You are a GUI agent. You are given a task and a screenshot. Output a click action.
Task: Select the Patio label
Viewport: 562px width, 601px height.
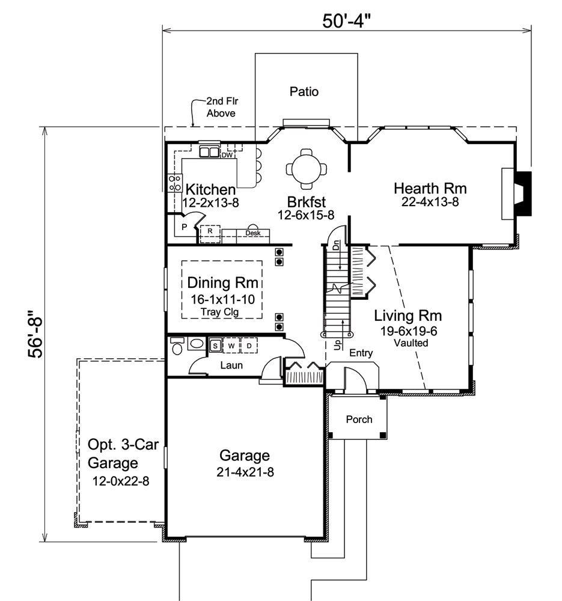tap(304, 92)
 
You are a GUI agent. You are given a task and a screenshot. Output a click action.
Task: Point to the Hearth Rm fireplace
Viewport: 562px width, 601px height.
tap(517, 194)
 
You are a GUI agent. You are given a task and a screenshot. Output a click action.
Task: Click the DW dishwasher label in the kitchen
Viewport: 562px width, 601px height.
tap(227, 154)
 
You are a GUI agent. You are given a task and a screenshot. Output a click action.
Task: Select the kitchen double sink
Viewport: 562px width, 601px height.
tap(209, 151)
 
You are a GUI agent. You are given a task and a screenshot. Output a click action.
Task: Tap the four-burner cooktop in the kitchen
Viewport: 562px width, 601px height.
tap(175, 183)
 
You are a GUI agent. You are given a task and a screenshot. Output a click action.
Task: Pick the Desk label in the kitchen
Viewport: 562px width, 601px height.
tap(252, 232)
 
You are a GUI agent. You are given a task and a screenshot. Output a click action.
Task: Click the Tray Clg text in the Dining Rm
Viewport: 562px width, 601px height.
tap(222, 311)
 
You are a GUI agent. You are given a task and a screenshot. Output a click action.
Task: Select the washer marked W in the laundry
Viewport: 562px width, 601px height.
tap(231, 346)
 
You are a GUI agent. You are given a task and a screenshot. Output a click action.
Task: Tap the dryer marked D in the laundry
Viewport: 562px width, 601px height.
tap(249, 346)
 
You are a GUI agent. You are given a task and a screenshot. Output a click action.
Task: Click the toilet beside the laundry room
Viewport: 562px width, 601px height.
tap(176, 348)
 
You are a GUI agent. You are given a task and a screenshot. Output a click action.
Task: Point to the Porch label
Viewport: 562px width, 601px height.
tap(358, 419)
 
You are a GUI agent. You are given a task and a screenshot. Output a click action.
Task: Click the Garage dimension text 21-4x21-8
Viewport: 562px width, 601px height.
tap(244, 472)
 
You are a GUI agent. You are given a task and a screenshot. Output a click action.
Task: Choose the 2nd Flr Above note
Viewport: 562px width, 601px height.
tap(221, 107)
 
